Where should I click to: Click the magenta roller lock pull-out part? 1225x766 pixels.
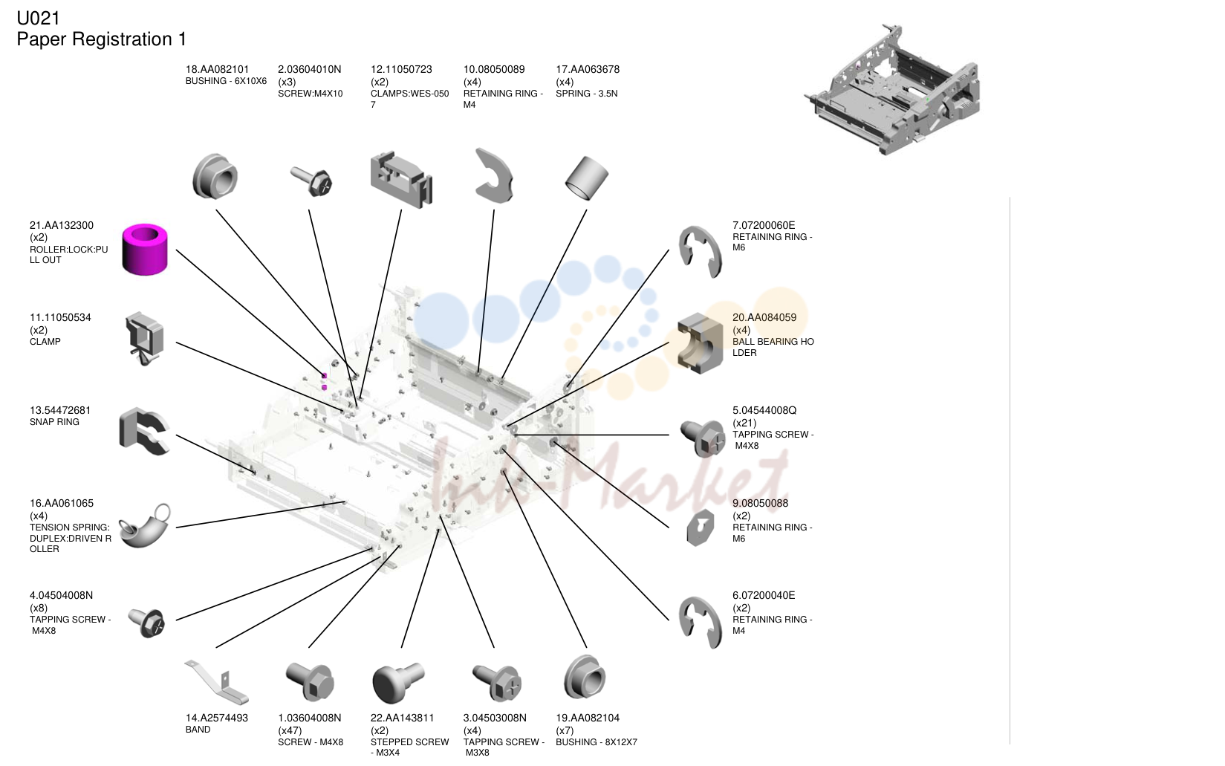[144, 249]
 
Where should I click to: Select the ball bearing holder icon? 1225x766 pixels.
[700, 343]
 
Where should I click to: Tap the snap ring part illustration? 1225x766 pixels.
[144, 431]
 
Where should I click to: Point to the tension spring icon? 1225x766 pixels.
[144, 525]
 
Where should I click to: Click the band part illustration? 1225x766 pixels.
[217, 682]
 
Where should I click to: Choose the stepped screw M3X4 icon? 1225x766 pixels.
[397, 682]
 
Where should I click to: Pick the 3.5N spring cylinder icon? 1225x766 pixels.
[586, 178]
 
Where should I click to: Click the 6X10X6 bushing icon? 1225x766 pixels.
[215, 176]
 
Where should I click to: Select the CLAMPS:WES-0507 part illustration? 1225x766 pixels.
[401, 180]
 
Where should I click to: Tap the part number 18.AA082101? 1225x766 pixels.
[217, 69]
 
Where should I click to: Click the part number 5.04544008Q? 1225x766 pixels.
[764, 410]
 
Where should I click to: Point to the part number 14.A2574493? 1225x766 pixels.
[217, 718]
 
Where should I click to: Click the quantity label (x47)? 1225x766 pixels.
[290, 730]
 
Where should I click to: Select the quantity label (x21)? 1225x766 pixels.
[744, 423]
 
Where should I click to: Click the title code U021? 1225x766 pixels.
[38, 18]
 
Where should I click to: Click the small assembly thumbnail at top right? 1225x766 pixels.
[892, 90]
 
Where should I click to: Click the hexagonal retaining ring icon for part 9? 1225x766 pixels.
[700, 528]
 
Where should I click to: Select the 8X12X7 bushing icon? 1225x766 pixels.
[584, 678]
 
